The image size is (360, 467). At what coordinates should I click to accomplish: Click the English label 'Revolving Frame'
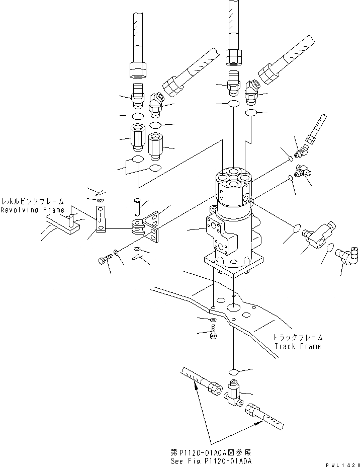32,210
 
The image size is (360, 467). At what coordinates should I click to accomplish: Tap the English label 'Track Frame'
297,346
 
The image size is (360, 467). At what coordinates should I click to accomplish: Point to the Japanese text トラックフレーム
298,338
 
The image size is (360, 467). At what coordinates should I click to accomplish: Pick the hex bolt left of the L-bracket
103,261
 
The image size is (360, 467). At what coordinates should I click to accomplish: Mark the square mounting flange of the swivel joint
232,265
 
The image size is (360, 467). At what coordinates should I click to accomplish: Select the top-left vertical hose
138,35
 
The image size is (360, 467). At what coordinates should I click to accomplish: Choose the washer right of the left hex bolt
117,253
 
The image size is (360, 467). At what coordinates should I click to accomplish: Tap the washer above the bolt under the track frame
213,320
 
